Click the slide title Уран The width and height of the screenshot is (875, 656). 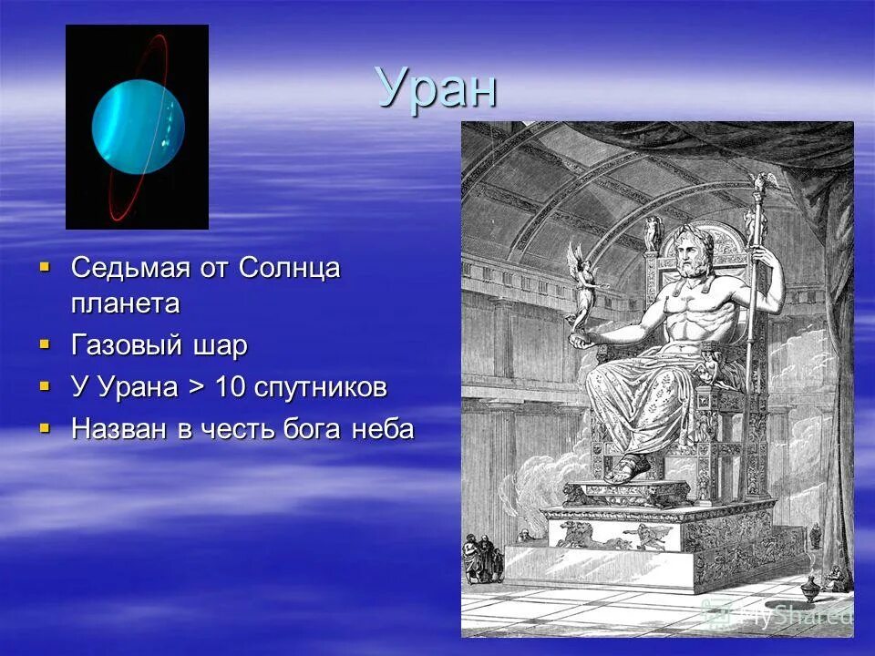(437, 88)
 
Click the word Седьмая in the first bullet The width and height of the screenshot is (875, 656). (127, 269)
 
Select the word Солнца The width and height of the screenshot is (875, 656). (289, 269)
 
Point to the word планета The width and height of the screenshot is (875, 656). (125, 303)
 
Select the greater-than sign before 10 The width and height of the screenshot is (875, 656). (195, 388)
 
